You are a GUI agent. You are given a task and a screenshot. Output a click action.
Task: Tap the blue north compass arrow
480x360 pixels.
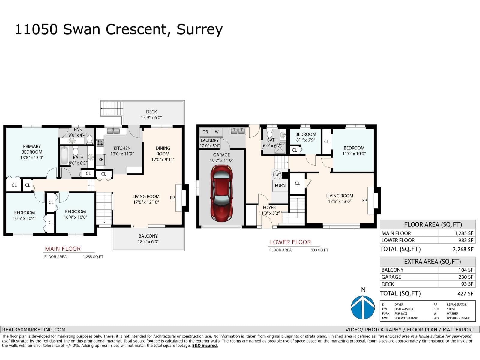pyautogui.click(x=363, y=307)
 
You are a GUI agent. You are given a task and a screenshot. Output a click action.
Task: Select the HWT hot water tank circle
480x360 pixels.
pyautogui.click(x=277, y=175)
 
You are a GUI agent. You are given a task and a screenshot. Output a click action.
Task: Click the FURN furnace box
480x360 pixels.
pyautogui.click(x=280, y=185)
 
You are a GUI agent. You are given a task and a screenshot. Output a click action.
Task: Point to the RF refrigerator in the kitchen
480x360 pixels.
pyautogui.click(x=101, y=160)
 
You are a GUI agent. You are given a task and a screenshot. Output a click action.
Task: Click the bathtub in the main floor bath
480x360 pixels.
pyautogui.click(x=64, y=155)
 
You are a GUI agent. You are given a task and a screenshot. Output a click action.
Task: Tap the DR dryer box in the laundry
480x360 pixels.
pyautogui.click(x=205, y=132)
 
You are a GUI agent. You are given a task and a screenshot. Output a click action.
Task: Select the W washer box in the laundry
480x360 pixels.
pyautogui.click(x=217, y=132)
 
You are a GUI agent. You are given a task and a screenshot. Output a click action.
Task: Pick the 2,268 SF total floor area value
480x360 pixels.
pyautogui.click(x=463, y=249)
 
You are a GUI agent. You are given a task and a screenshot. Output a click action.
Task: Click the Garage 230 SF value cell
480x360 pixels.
pyautogui.click(x=466, y=277)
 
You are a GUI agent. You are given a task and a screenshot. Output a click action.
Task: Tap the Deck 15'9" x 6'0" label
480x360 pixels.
pyautogui.click(x=151, y=115)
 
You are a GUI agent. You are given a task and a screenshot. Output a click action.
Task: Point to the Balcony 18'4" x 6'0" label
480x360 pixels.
pyautogui.click(x=148, y=239)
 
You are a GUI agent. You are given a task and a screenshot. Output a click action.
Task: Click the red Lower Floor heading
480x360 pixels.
pyautogui.click(x=290, y=242)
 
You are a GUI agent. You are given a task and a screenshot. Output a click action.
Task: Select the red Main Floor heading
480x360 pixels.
pyautogui.click(x=63, y=249)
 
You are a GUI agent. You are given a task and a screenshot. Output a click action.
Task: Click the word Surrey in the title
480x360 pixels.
pyautogui.click(x=199, y=29)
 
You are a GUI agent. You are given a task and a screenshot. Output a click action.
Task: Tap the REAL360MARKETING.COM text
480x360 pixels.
pyautogui.click(x=34, y=329)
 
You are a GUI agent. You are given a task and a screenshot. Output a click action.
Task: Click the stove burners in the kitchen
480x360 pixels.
pyautogui.click(x=100, y=142)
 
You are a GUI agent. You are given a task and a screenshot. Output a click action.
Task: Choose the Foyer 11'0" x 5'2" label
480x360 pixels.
pyautogui.click(x=269, y=210)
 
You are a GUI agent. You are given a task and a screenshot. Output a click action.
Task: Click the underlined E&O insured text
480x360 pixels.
pyautogui.click(x=205, y=346)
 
